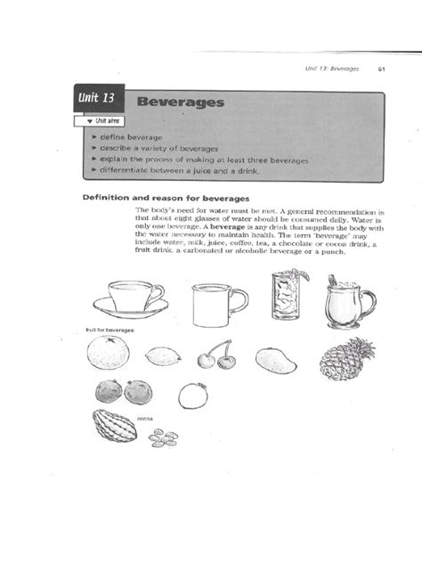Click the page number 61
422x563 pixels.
tap(381, 69)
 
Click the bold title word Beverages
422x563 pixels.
tap(181, 102)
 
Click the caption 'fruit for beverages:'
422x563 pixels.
tap(110, 330)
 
